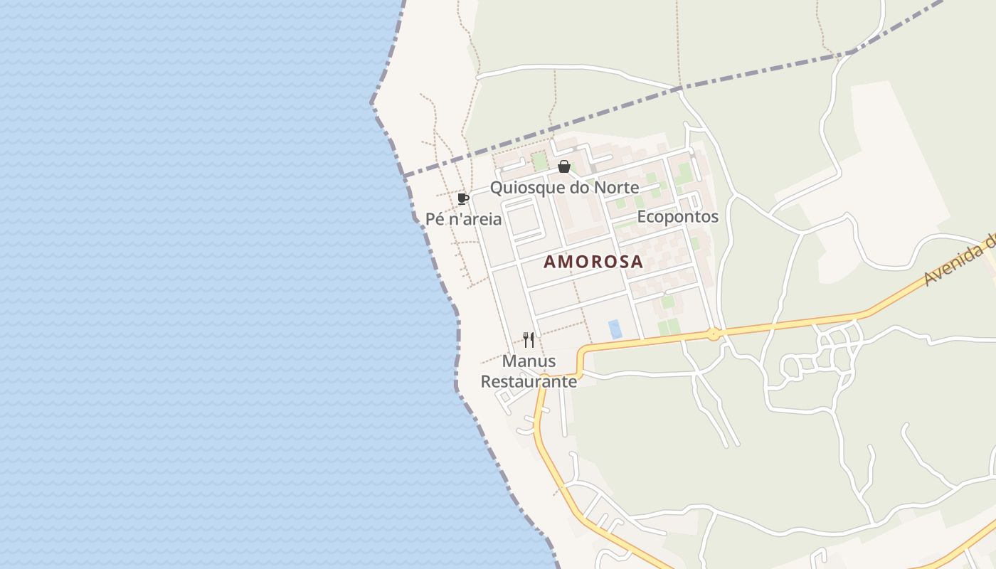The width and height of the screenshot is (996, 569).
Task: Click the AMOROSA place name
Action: point(593,262)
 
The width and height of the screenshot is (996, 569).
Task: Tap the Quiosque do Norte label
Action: point(564,188)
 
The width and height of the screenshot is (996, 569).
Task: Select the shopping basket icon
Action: point(564,167)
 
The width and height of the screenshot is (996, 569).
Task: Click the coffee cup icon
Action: point(463,198)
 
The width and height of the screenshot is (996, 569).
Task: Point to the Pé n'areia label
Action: point(463,219)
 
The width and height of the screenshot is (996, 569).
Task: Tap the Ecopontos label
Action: point(677,217)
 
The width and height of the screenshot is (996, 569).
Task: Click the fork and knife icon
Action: point(529,340)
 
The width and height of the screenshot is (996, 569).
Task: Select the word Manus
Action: point(529,361)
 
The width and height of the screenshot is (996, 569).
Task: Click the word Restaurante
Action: point(529,382)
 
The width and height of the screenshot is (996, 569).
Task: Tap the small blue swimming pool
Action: point(615,329)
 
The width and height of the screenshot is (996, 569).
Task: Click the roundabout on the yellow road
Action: point(714,334)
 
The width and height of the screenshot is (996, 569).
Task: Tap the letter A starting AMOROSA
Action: point(550,262)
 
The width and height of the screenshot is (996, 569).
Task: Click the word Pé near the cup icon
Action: point(435,219)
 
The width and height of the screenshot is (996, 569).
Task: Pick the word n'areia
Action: point(475,219)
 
